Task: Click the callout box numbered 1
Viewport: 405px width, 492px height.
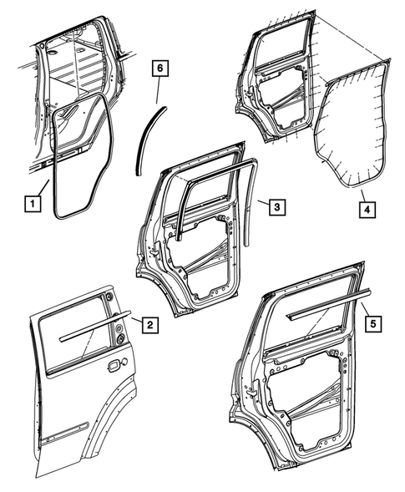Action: tap(31, 202)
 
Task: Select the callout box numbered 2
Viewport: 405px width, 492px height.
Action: tap(148, 324)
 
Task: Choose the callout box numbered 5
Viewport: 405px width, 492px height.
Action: tap(372, 321)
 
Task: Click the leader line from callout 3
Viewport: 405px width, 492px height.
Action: tap(260, 202)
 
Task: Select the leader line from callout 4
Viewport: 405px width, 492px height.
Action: tap(361, 194)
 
